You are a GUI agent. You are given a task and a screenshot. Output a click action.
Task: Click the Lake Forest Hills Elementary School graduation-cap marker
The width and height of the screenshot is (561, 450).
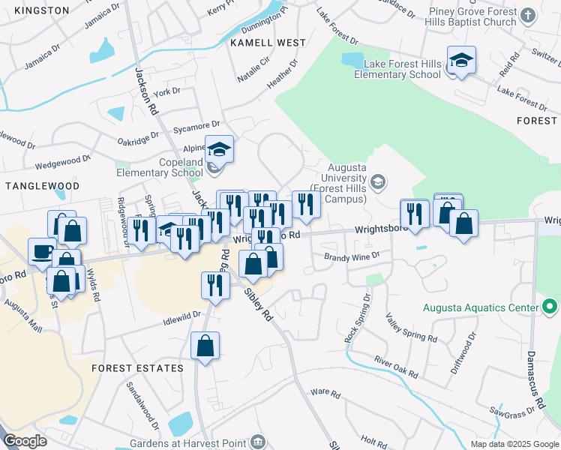[462, 61]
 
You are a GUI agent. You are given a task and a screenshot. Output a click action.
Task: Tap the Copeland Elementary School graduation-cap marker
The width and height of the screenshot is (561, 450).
[219, 149]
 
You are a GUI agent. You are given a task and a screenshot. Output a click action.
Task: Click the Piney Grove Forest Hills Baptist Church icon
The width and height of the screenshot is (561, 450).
[528, 16]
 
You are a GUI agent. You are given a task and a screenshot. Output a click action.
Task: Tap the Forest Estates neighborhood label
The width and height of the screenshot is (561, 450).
[137, 368]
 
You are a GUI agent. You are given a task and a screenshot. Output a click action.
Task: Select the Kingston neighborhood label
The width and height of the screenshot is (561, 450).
[41, 10]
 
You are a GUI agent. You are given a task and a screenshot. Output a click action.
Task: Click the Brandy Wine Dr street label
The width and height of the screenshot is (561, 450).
[352, 256]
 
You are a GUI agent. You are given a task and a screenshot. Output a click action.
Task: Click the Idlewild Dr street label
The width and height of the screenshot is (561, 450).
[181, 319]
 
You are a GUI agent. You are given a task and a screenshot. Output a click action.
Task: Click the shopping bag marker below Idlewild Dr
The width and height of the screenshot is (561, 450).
[205, 346]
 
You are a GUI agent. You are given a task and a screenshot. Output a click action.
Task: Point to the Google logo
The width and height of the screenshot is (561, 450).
[25, 441]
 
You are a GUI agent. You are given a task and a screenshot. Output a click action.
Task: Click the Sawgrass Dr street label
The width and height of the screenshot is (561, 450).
[515, 409]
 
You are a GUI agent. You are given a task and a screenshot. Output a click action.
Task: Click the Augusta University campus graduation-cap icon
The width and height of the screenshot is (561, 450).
[378, 181]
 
